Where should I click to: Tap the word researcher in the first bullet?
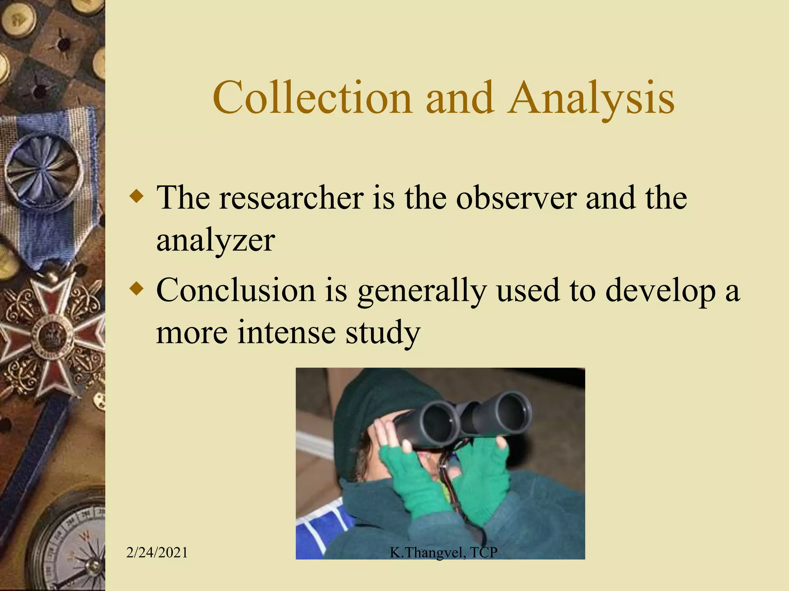click(x=292, y=198)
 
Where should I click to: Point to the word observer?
click(x=516, y=198)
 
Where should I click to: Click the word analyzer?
click(x=215, y=240)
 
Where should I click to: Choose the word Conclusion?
click(x=236, y=290)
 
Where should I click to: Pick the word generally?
click(x=421, y=292)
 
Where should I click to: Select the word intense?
click(x=286, y=332)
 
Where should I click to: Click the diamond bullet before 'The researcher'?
click(x=137, y=197)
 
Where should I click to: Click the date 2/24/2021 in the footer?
click(x=157, y=553)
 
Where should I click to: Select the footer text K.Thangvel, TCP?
click(x=443, y=553)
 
